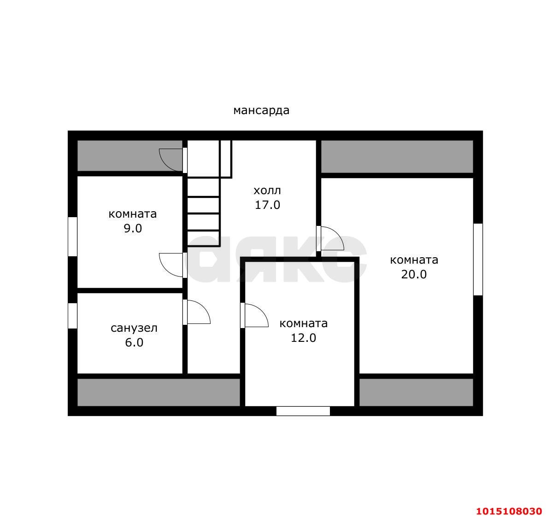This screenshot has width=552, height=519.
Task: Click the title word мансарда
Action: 261,110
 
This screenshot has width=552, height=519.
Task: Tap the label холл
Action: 267,190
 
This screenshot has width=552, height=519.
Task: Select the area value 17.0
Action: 267,205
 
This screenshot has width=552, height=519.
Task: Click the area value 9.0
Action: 133,228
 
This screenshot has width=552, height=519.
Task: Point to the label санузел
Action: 134,329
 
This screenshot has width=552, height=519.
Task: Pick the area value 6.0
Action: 134,342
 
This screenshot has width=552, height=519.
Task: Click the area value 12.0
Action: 303,338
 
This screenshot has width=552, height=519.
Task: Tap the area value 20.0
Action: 414,274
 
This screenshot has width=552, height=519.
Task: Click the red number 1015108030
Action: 509,511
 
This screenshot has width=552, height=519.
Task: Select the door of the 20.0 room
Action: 330,238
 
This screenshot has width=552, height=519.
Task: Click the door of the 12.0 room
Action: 254,315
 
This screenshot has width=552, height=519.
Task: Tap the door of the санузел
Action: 196,312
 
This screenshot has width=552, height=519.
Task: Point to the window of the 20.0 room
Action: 478,259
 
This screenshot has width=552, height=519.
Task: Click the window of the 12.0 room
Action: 303,411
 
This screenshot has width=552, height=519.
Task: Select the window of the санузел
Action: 72,316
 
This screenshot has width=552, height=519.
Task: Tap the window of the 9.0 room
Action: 72,236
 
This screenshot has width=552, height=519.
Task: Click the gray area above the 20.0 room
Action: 397,157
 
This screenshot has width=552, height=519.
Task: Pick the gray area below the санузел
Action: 159,392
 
